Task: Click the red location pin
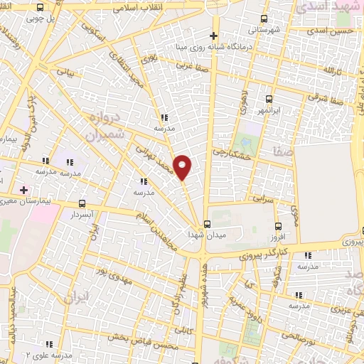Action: point(183,167)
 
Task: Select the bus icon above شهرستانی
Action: point(264,19)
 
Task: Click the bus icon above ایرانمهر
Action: point(269,100)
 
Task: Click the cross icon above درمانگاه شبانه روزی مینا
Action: point(213,36)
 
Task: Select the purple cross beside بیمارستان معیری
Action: point(23,190)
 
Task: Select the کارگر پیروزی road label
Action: point(284,251)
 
